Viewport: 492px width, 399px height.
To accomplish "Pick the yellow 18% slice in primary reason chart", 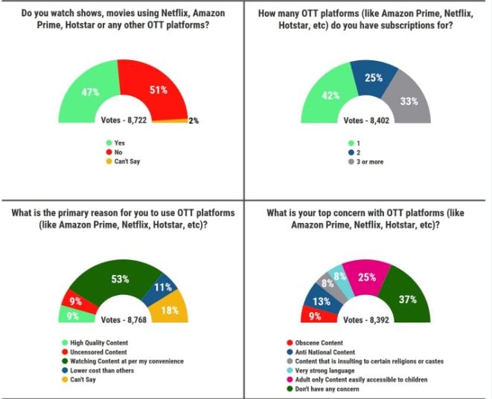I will tap(170, 311).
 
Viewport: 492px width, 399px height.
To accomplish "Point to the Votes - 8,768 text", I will tap(125, 321).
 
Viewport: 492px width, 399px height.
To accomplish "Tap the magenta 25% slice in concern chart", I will tap(365, 278).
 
